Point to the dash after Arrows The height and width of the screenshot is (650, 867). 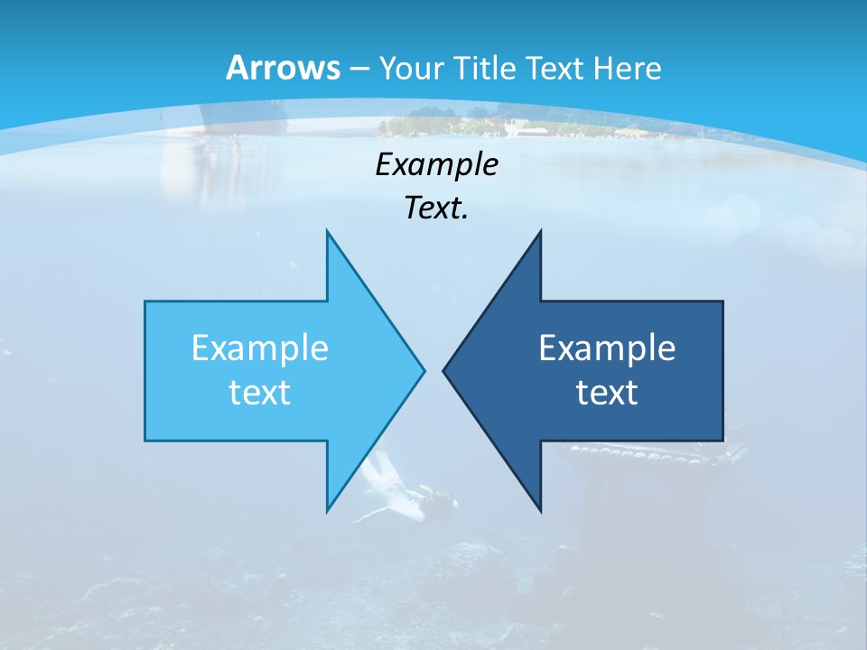pyautogui.click(x=359, y=69)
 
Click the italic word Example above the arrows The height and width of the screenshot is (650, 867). pyautogui.click(x=437, y=164)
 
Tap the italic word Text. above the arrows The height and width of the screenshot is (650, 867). pyautogui.click(x=437, y=208)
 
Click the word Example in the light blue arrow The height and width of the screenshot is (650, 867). pyautogui.click(x=260, y=348)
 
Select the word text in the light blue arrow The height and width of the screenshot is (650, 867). pyautogui.click(x=260, y=392)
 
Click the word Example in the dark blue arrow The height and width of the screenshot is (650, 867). pyautogui.click(x=607, y=348)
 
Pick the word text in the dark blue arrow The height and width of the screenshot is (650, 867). pyautogui.click(x=607, y=392)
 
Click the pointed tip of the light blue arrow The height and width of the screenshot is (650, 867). pyautogui.click(x=423, y=370)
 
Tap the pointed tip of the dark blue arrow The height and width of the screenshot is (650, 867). pyautogui.click(x=444, y=370)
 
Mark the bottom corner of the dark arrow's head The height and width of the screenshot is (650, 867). pyautogui.click(x=540, y=508)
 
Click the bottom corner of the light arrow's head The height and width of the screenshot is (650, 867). pyautogui.click(x=328, y=508)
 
